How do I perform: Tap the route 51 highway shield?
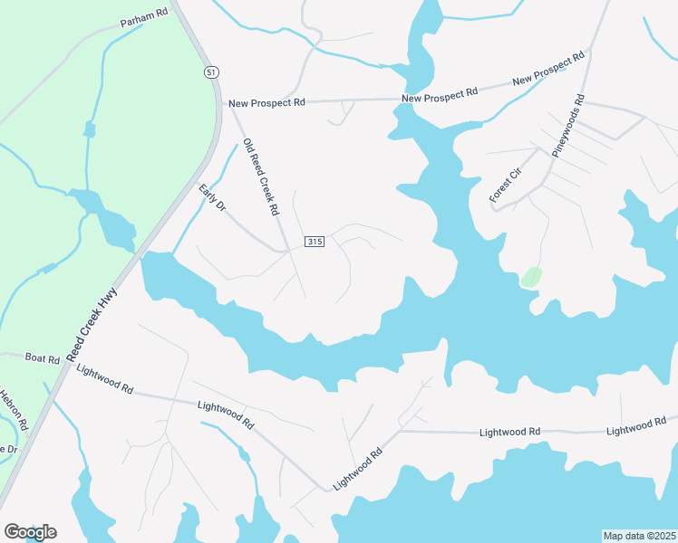[x=210, y=72]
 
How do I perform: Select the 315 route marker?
[x=314, y=242]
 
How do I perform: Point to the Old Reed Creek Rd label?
[x=260, y=176]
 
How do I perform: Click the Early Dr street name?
[x=211, y=198]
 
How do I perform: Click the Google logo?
[x=30, y=532]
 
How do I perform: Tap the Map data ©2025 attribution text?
[x=639, y=536]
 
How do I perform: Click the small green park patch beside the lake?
[x=531, y=277]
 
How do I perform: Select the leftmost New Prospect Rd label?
[x=266, y=103]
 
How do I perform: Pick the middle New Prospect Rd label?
[x=439, y=94]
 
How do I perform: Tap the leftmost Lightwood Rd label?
[x=105, y=380]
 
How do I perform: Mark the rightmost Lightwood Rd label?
[x=642, y=425]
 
